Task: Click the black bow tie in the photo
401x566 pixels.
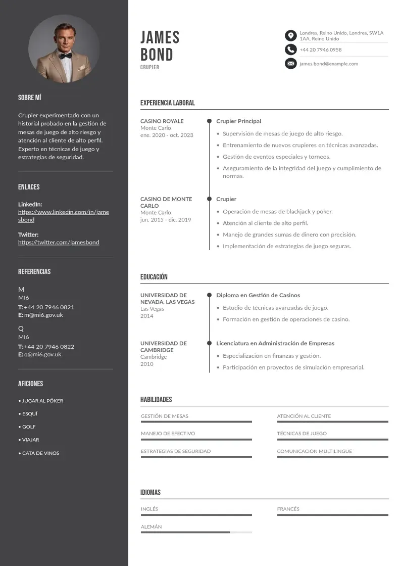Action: coord(65,56)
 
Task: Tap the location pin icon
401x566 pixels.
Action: coord(290,35)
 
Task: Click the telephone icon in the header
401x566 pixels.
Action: coord(290,50)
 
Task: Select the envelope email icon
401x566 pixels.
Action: coord(290,64)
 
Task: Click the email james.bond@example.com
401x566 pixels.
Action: coord(328,64)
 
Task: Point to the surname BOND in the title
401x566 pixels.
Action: coord(157,55)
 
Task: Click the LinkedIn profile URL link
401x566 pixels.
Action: coord(63,216)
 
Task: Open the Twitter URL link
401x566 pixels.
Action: coord(59,242)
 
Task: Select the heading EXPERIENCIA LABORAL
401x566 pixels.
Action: coord(167,103)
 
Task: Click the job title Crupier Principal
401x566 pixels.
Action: coord(238,121)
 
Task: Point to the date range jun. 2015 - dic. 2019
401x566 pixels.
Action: coord(166,220)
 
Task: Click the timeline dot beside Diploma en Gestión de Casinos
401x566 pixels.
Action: coord(209,295)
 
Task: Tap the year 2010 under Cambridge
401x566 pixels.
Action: coord(146,364)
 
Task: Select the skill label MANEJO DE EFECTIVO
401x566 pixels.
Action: coord(168,433)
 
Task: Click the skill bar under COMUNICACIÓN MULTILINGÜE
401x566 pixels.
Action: coord(332,457)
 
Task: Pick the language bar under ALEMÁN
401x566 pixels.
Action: coord(196,532)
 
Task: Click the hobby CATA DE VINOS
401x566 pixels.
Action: coord(40,453)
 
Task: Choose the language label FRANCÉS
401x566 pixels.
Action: coord(288,509)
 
